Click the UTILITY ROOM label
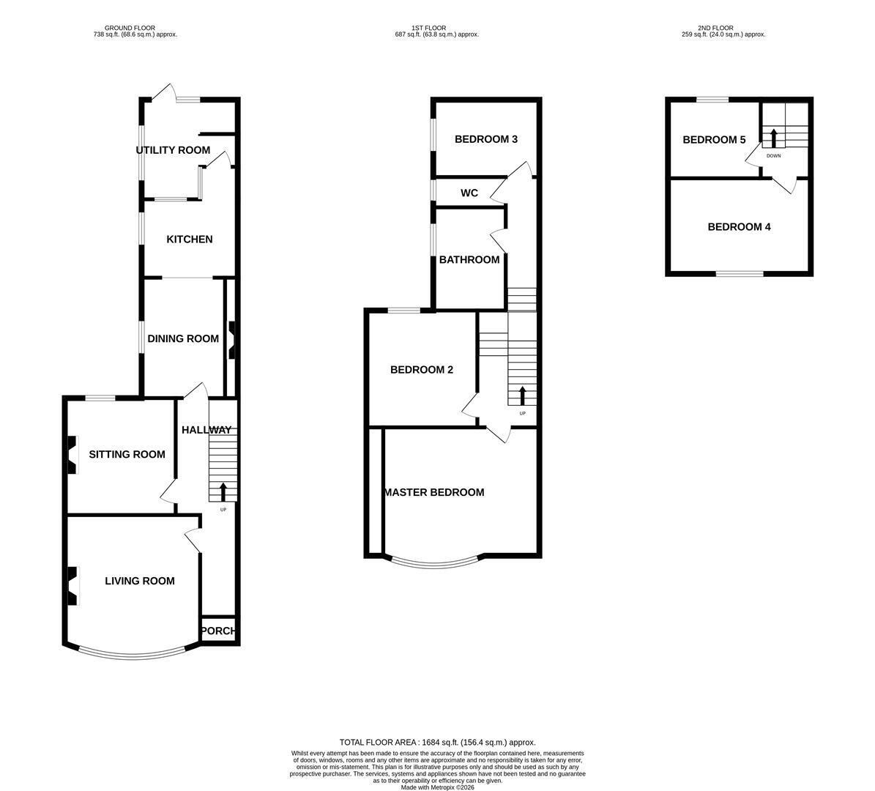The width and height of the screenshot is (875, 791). click(173, 150)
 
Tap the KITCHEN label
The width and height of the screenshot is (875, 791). click(190, 239)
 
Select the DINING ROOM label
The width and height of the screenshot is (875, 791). click(183, 339)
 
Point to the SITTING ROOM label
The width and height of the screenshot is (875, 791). click(127, 454)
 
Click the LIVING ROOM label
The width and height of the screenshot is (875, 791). click(140, 581)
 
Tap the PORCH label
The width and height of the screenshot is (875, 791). click(218, 631)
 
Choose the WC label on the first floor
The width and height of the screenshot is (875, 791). click(469, 193)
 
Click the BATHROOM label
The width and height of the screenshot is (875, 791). click(469, 259)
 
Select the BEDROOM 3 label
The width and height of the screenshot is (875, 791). click(486, 140)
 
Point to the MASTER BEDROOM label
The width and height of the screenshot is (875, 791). click(435, 492)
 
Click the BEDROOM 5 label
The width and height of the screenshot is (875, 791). click(715, 140)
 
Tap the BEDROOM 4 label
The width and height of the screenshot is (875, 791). click(740, 227)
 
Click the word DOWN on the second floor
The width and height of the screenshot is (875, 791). click(774, 156)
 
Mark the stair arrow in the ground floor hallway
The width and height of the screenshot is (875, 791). click(223, 491)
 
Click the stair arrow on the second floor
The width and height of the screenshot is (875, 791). click(774, 138)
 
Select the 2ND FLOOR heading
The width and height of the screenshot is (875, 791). click(715, 28)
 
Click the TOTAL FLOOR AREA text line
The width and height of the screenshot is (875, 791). click(438, 743)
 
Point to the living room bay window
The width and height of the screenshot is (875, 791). click(132, 651)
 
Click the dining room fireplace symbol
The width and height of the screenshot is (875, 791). click(231, 340)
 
